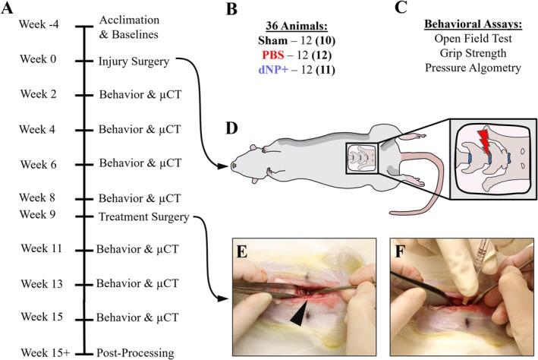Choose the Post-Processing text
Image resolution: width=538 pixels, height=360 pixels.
pos(136,352)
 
